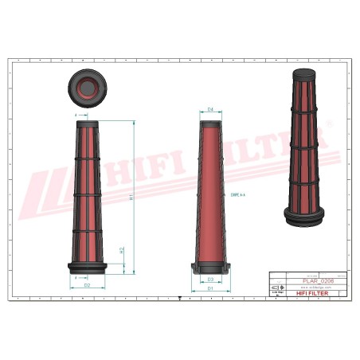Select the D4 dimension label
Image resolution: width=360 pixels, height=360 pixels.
(x=210, y=109)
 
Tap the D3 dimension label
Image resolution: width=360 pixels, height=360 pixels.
(x=210, y=280)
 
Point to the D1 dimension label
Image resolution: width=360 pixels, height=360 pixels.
(x=210, y=288)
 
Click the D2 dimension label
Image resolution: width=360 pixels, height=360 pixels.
(x=87, y=284)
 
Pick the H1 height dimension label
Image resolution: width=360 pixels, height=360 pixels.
(x=131, y=197)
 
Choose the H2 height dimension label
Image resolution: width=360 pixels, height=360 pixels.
(x=121, y=250)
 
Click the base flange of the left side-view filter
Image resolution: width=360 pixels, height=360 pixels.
(x=87, y=265)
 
